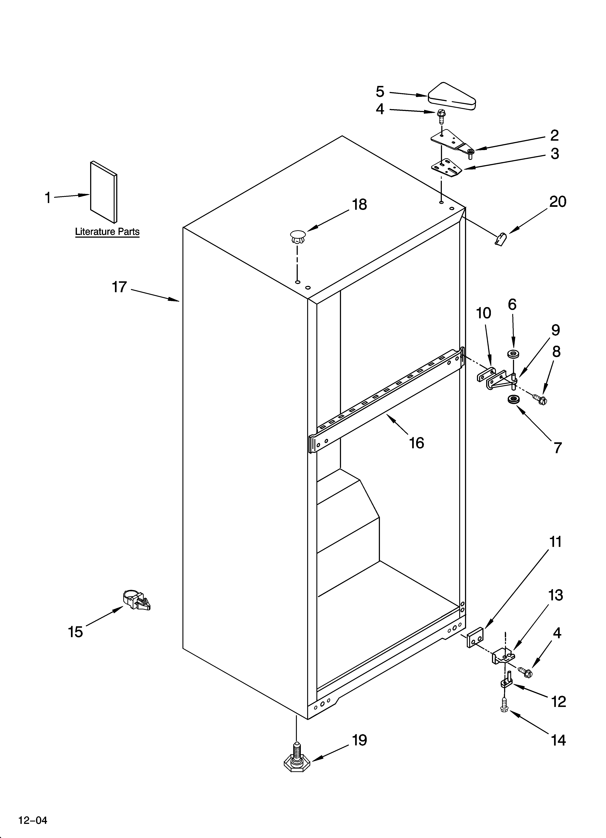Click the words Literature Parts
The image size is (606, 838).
pyautogui.click(x=107, y=232)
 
